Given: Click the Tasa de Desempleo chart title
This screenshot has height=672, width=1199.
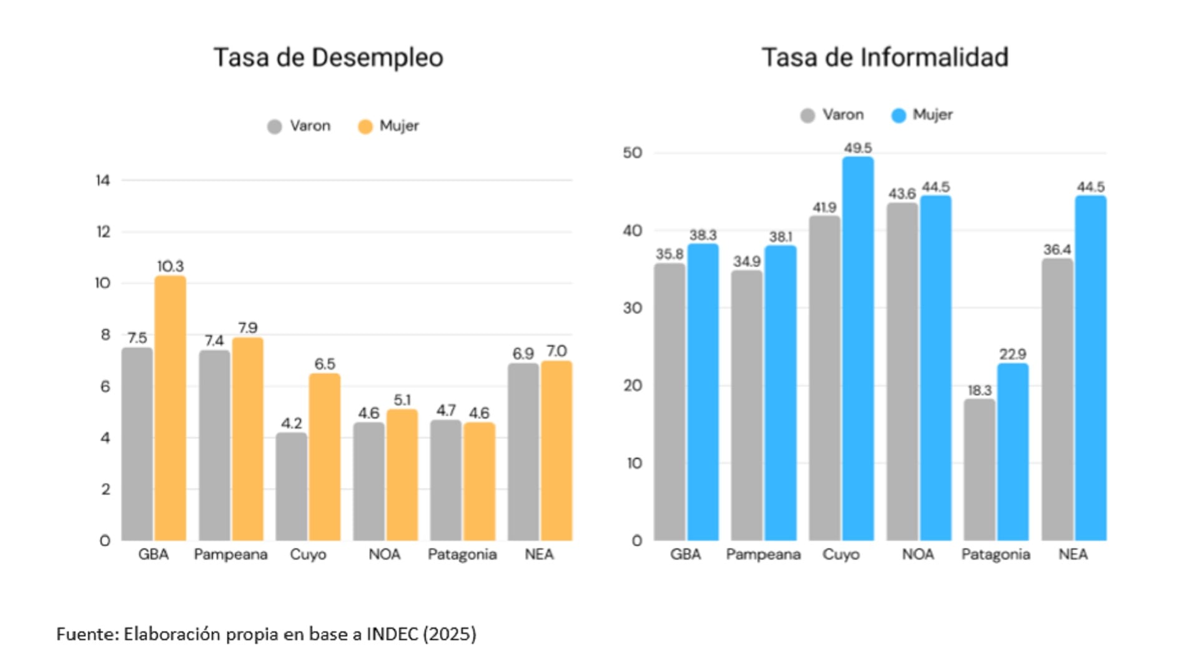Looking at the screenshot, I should click(328, 57).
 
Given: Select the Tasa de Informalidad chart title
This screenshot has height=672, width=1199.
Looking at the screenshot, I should click(885, 57).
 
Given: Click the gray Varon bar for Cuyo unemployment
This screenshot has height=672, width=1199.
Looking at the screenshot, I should click(292, 487).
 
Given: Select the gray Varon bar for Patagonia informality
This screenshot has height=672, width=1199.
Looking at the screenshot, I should click(979, 470).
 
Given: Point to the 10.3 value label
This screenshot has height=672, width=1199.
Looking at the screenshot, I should click(170, 267).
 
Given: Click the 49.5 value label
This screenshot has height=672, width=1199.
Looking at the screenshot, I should click(857, 148).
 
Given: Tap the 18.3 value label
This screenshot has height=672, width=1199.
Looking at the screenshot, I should click(979, 390).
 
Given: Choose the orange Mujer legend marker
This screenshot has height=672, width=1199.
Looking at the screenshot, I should click(365, 127).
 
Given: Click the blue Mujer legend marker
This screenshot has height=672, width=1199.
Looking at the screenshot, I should click(899, 116).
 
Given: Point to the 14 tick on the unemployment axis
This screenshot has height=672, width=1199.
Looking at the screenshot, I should click(103, 180).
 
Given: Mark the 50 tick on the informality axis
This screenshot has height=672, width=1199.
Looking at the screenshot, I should click(632, 153).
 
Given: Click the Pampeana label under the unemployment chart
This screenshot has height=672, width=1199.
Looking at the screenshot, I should click(230, 555).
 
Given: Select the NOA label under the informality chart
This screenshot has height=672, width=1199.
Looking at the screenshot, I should click(917, 555).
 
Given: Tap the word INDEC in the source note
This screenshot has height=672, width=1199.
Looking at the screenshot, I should click(392, 634).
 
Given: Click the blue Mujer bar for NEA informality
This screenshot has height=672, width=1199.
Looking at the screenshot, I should click(1090, 368).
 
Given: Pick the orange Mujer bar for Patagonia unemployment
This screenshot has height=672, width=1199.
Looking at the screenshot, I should click(479, 482).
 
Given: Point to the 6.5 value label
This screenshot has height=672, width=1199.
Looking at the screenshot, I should click(325, 364).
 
